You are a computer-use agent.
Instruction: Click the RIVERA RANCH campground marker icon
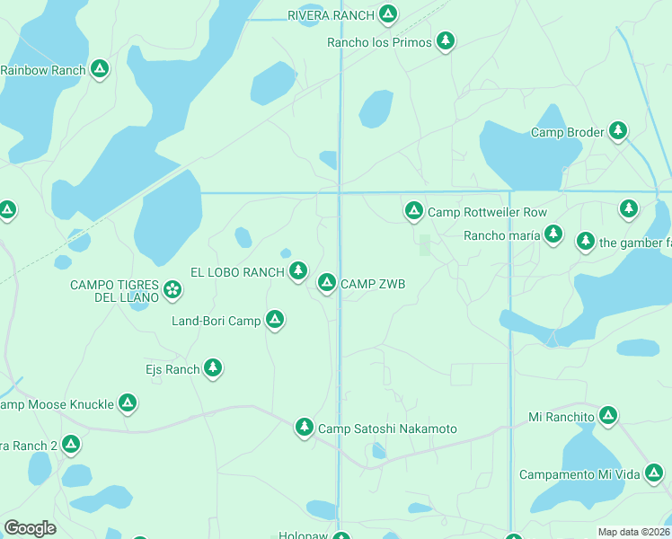(x=388, y=13)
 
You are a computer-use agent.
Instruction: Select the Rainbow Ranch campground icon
(x=100, y=68)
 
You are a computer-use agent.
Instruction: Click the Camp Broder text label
(x=567, y=132)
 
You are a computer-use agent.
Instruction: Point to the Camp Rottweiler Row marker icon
(x=413, y=210)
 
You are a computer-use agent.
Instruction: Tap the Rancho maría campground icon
(x=553, y=234)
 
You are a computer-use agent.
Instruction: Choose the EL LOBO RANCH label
(x=237, y=271)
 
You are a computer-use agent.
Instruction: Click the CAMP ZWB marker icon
(x=327, y=282)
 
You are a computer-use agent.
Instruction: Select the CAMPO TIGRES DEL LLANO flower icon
(x=172, y=289)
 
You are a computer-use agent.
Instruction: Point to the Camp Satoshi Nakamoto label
(x=387, y=429)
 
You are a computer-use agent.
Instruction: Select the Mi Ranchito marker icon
(x=608, y=415)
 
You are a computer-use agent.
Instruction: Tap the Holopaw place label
(x=301, y=535)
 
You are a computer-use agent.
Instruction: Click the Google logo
(x=30, y=527)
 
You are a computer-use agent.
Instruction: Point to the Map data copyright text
(x=633, y=532)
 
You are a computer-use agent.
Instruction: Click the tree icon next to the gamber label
(x=586, y=241)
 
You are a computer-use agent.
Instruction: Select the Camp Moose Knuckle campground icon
(x=128, y=402)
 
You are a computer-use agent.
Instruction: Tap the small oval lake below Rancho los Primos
(x=376, y=109)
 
